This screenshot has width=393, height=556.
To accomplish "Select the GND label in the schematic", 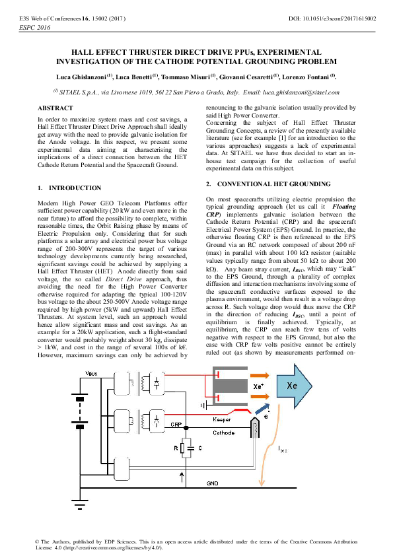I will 213,483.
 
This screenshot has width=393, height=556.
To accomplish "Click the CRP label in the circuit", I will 176,425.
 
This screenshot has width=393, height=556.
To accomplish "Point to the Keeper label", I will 223,419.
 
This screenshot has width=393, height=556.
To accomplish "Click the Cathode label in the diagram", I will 223,433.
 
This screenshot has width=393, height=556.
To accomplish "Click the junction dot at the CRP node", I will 188,429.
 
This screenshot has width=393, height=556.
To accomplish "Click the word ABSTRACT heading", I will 55,108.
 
